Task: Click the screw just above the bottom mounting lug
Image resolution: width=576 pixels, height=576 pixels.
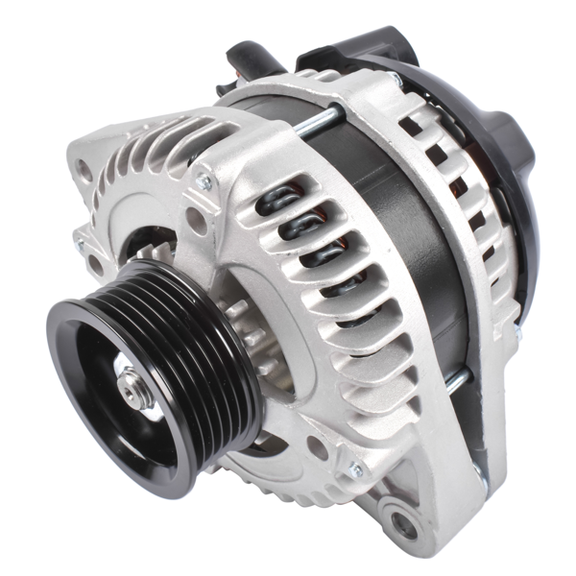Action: point(357,470)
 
